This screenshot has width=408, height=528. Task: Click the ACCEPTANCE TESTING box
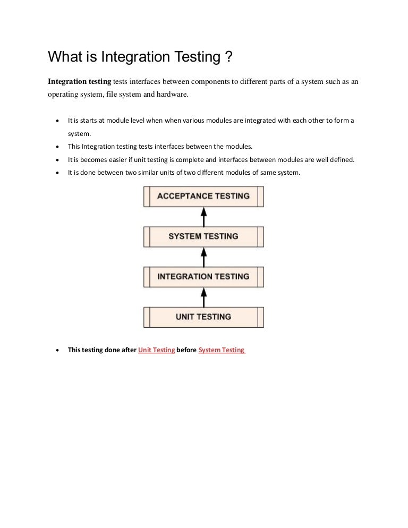[203, 196]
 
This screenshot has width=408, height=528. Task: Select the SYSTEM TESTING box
[203, 236]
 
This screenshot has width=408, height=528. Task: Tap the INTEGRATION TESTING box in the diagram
[203, 277]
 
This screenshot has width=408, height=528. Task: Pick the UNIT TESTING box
[203, 317]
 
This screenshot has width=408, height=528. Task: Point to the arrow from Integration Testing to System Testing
[203, 257]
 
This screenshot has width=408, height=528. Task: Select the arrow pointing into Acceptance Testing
[203, 216]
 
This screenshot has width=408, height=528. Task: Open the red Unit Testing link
[157, 350]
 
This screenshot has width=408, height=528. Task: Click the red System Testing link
[221, 350]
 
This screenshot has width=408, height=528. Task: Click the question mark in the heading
[229, 56]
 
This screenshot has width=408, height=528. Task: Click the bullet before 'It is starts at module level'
[57, 121]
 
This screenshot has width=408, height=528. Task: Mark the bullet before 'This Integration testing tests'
[57, 147]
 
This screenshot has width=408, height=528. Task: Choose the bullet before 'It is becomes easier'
[57, 159]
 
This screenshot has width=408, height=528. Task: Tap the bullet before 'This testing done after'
[57, 350]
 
